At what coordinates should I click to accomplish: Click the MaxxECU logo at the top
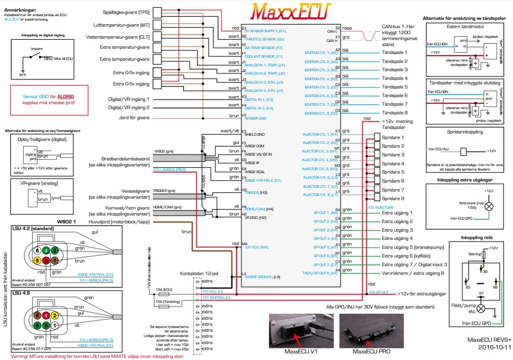291,12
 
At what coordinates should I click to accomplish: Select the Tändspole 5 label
394,87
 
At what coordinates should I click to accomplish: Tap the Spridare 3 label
393,155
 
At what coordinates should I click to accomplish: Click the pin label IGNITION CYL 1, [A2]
321,53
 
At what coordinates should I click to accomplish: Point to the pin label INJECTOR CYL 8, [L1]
320,195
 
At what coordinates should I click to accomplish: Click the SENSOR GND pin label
255,118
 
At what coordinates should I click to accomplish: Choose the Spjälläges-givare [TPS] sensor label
126,12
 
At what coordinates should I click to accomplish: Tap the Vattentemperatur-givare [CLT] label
118,37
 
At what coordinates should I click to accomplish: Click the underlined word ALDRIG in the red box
66,97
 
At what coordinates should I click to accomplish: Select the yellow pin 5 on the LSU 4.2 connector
37,260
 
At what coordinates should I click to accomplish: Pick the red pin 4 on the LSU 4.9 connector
46,315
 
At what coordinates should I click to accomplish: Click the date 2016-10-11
494,347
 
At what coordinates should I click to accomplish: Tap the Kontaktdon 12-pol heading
199,273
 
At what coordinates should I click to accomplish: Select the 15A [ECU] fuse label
164,290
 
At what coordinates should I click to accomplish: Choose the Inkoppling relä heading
476,238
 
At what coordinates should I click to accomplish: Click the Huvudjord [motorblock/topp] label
119,222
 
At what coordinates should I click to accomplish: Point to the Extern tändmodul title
465,27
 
